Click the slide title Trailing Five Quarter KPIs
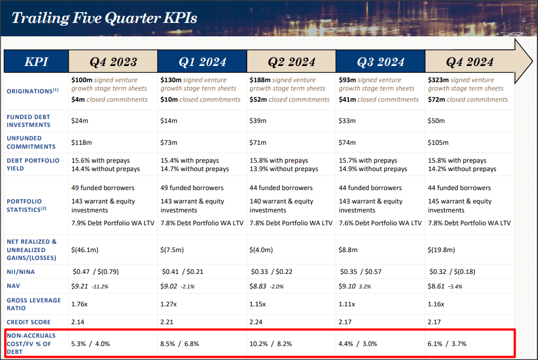(x=104, y=18)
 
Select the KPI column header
(x=36, y=61)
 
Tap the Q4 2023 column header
(x=113, y=61)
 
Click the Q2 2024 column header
(x=291, y=61)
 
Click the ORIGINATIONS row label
(x=32, y=91)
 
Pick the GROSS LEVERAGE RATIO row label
(x=34, y=304)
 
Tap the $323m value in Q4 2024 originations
(x=438, y=80)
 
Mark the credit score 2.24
(x=257, y=322)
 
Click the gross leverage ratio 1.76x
(x=81, y=304)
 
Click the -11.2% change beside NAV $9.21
(x=101, y=286)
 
